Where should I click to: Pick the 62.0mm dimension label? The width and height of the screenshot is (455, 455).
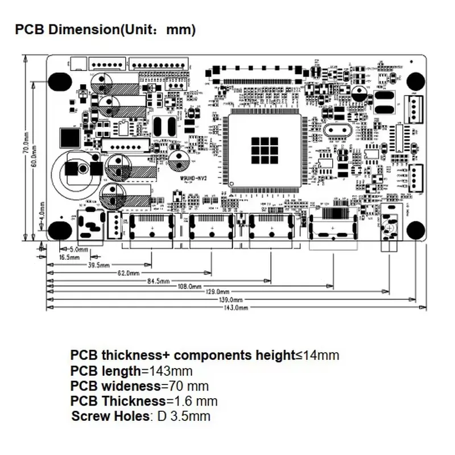pyautogui.click(x=129, y=273)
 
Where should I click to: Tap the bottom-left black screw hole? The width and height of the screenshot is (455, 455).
pyautogui.click(x=59, y=230)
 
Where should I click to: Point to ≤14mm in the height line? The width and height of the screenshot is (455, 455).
pyautogui.click(x=317, y=355)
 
